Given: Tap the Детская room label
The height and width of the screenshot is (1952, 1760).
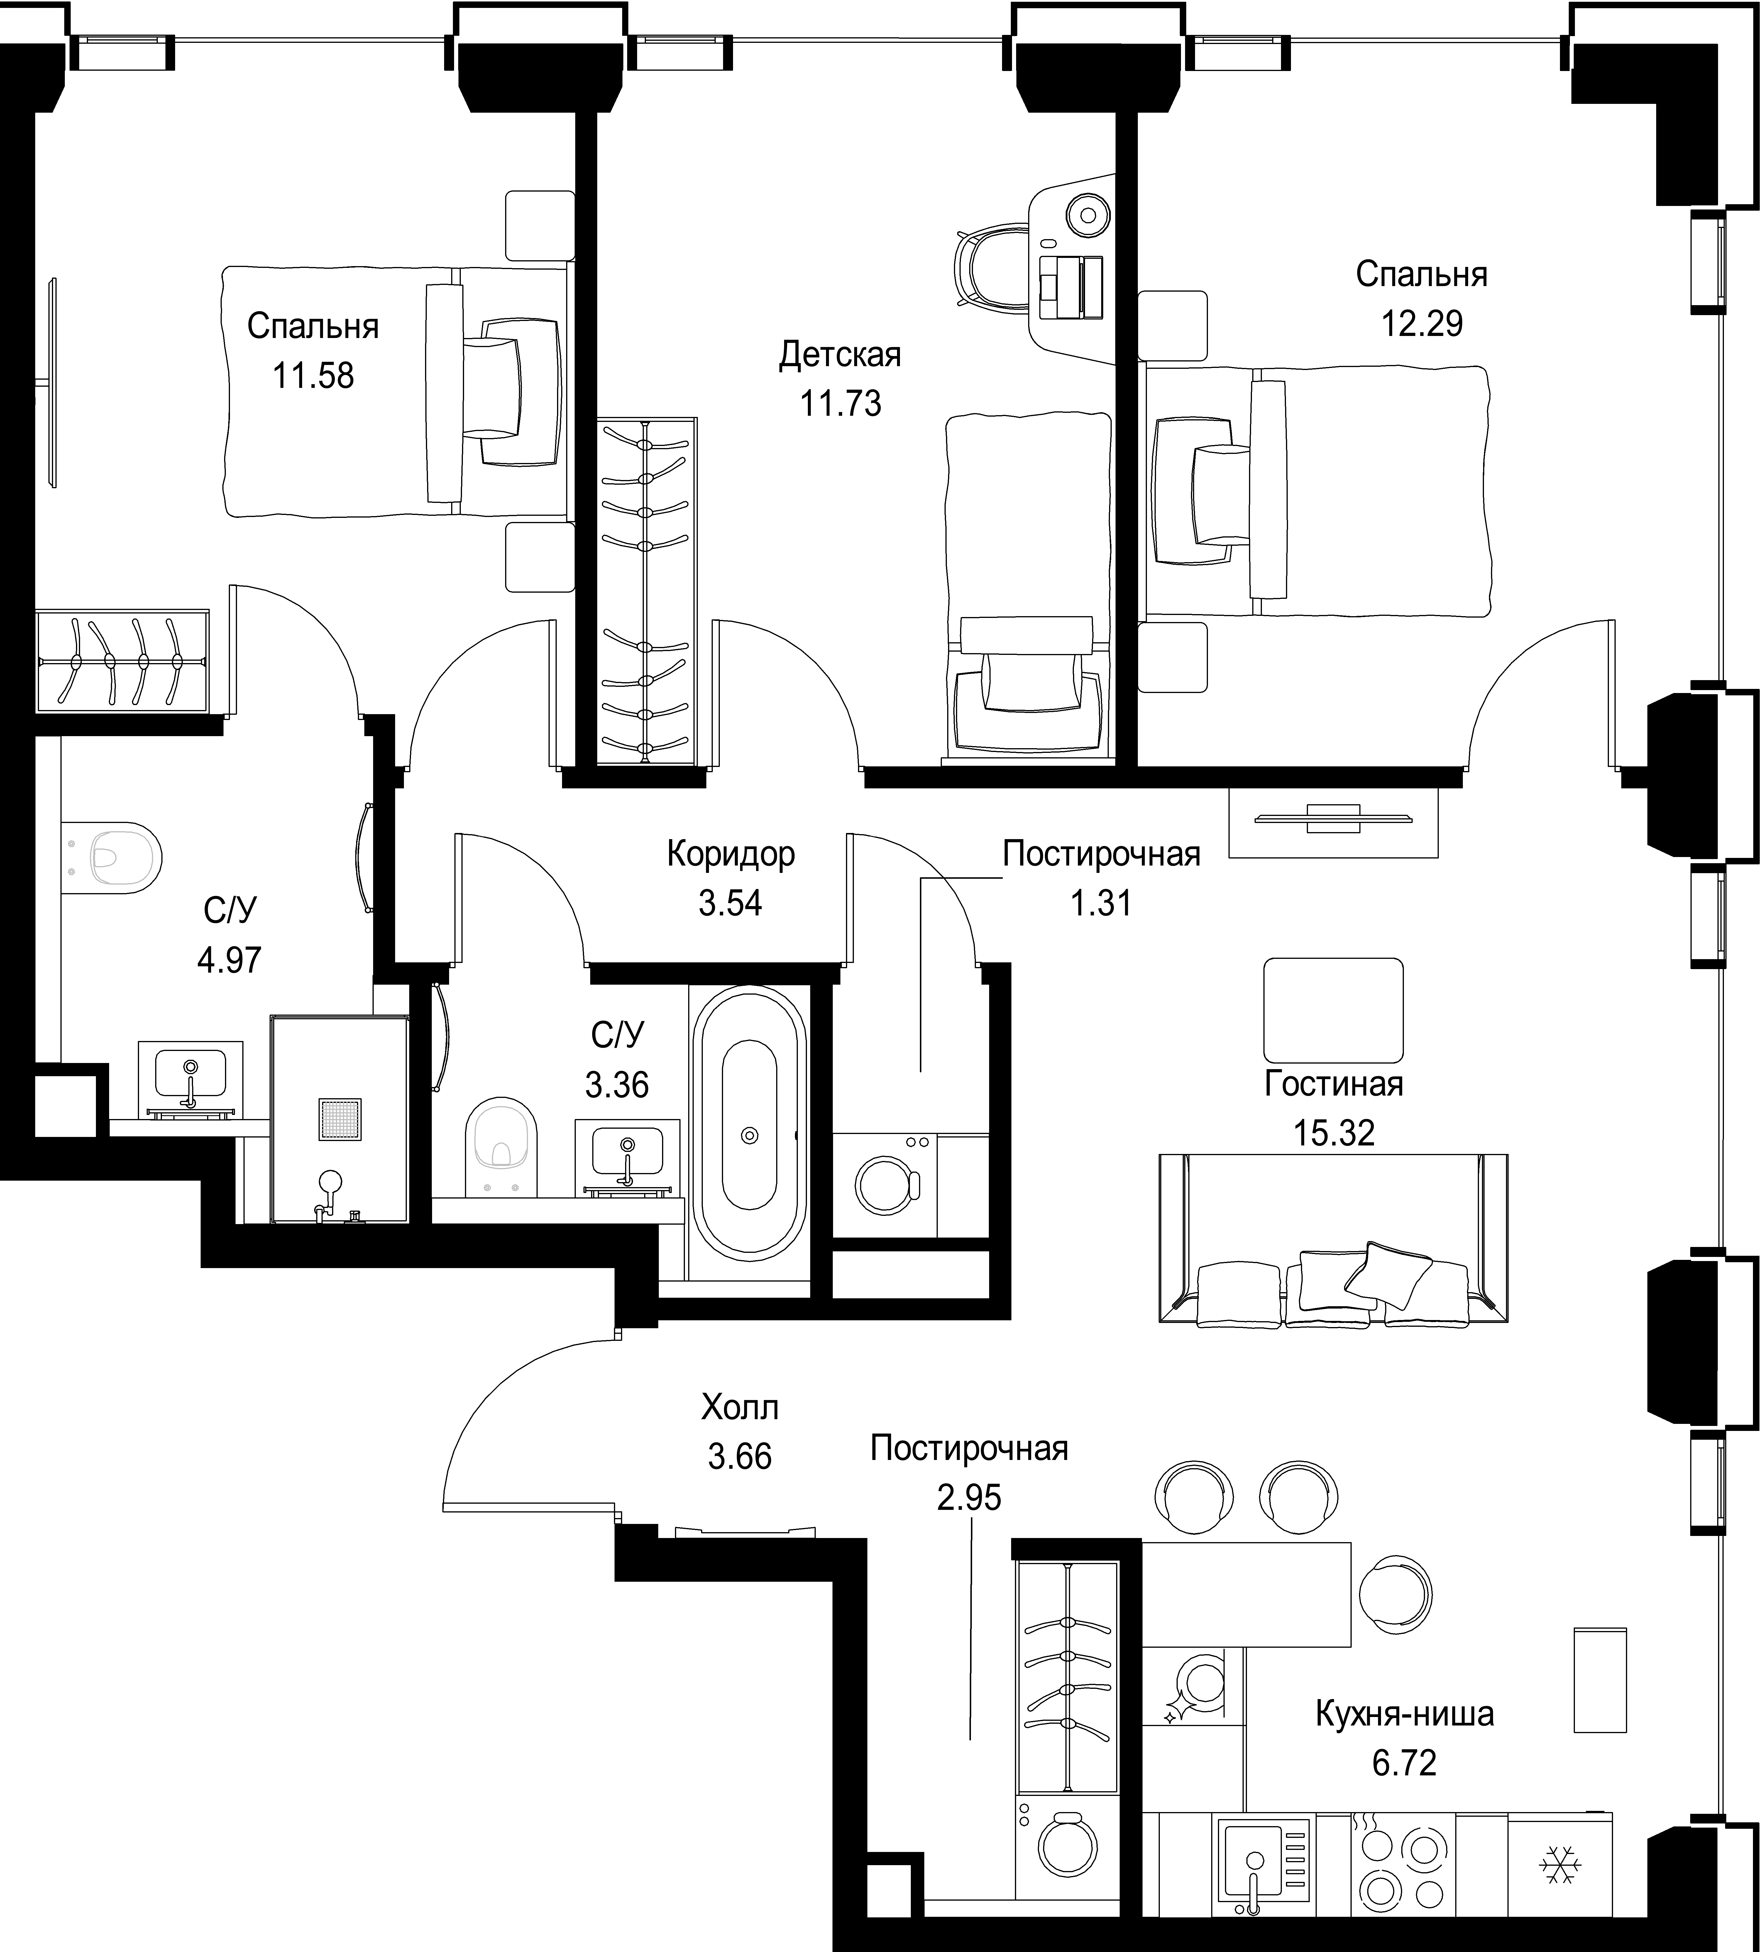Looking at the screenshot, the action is tap(840, 355).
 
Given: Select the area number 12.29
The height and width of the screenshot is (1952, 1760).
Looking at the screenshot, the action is tap(1421, 323).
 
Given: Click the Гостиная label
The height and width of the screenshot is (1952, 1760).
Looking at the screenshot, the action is tap(1333, 1083).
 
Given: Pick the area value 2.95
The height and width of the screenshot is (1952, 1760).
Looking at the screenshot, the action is tap(969, 1497).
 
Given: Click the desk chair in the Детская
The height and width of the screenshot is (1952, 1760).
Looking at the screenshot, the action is tap(991, 266).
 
